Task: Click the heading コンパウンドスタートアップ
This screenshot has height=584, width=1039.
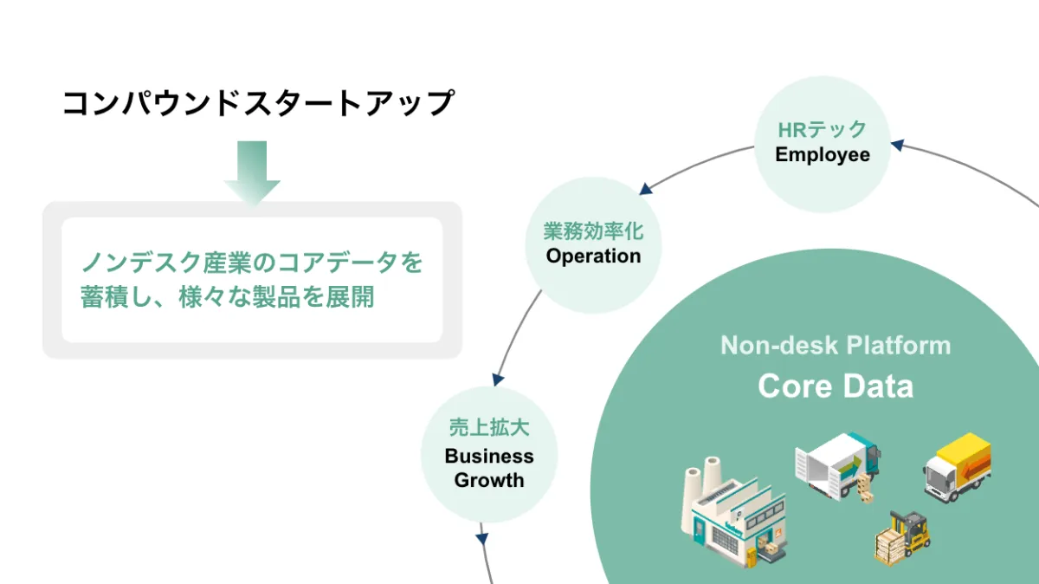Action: pos(258,104)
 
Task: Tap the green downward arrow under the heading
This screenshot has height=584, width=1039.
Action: pos(252,172)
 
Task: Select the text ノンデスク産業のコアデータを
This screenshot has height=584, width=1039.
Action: pos(252,262)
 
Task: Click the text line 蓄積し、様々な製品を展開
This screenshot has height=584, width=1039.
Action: pos(228,297)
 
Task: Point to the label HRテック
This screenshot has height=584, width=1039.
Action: pos(822,130)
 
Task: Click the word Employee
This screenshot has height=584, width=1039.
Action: pos(822,155)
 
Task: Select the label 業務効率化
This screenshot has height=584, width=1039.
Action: pos(593,231)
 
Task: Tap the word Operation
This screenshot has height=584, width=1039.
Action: pos(593,256)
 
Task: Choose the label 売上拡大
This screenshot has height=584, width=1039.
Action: pos(489,428)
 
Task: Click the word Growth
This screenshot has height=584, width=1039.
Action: pos(489,480)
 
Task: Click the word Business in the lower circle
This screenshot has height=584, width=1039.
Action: pos(489,456)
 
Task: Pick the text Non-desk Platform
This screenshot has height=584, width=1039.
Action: pos(836,346)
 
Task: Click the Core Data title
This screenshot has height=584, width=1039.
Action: pos(836,386)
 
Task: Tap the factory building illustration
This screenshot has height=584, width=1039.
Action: pos(732,516)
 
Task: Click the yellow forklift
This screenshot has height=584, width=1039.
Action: pos(903,535)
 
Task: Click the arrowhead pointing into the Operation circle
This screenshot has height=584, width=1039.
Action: pos(646,188)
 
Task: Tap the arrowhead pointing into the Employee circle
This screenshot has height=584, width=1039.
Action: pos(897,146)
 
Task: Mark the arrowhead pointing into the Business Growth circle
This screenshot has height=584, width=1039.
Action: pos(497,379)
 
